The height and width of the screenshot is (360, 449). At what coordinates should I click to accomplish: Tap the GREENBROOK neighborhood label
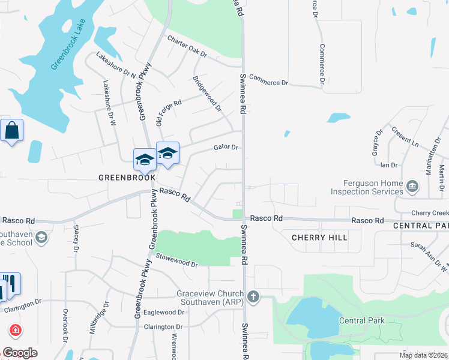tap(127, 178)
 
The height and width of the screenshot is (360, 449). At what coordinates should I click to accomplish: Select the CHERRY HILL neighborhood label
tap(319, 238)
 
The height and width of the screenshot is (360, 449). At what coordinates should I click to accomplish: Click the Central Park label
tap(361, 320)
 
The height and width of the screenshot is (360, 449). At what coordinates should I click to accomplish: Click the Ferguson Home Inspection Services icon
tap(412, 186)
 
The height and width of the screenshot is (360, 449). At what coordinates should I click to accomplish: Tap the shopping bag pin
tap(12, 130)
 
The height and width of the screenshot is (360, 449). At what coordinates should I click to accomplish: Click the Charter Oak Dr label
tap(187, 47)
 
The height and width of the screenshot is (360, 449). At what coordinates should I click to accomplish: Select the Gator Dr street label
tap(226, 148)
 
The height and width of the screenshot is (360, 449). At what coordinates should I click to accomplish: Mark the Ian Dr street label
tap(389, 164)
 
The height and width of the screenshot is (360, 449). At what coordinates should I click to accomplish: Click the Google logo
tap(20, 353)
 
